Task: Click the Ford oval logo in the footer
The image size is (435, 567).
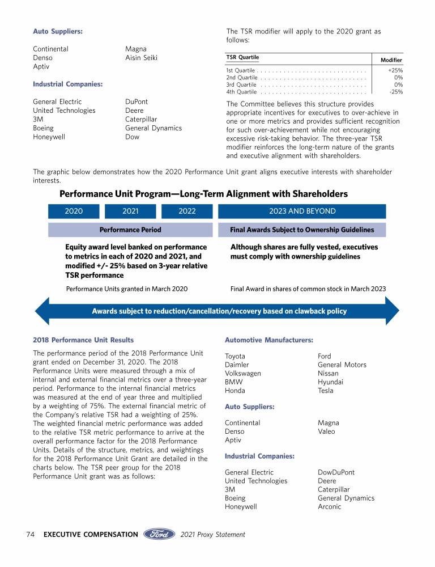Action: [159, 534]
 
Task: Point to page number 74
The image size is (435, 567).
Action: [31, 534]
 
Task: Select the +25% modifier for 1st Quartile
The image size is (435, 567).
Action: [395, 70]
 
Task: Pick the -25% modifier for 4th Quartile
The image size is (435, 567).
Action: [396, 91]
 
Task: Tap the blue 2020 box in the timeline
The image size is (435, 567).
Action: [74, 211]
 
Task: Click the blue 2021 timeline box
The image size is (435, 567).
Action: [130, 211]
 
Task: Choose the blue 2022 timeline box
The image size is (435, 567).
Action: [187, 211]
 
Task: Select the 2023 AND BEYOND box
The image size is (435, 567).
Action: [302, 211]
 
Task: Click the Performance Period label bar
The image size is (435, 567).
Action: [130, 230]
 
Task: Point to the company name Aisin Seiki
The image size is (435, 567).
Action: [141, 58]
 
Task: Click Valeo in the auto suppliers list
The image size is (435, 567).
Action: [327, 431]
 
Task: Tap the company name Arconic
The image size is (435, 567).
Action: [329, 507]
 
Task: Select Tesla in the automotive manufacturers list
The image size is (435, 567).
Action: [326, 391]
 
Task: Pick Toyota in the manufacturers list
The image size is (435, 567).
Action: [235, 357]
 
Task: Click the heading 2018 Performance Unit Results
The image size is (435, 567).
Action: [83, 340]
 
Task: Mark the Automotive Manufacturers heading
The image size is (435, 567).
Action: [269, 340]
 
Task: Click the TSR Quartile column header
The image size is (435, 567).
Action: [242, 57]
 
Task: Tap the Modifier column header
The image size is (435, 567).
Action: [391, 60]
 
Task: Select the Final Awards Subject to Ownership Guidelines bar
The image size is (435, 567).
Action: [302, 230]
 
